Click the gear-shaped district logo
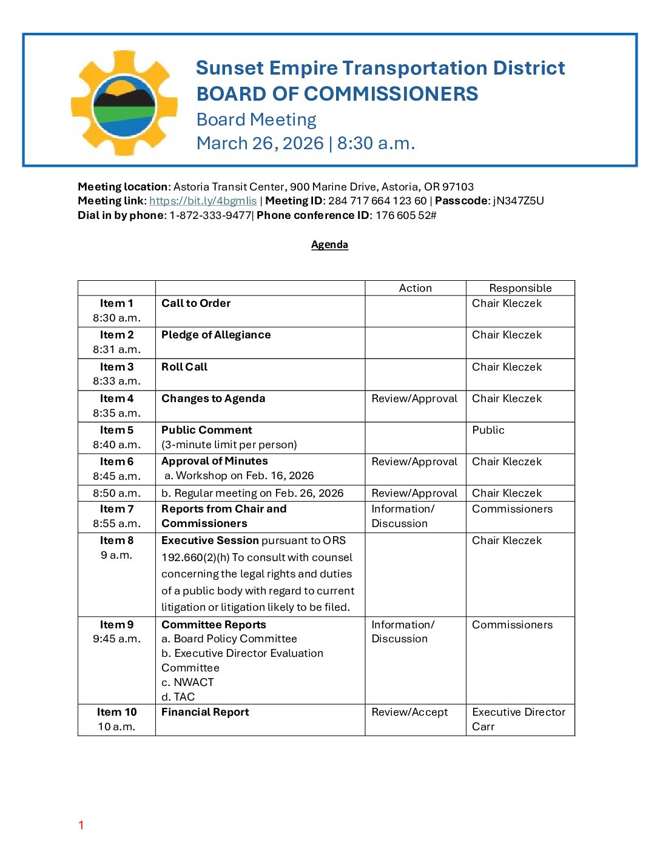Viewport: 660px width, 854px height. coord(124,103)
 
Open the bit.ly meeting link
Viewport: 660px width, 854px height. coord(203,201)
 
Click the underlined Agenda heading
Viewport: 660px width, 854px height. coord(329,244)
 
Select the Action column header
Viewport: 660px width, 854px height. coord(415,288)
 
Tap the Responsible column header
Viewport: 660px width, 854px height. coord(520,288)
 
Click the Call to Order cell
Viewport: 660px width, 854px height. coord(196,303)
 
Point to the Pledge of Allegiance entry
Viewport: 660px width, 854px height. coord(216,335)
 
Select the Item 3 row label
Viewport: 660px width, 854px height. coord(116,367)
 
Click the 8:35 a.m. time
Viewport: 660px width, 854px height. coord(116,413)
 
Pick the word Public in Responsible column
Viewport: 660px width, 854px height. coord(488,430)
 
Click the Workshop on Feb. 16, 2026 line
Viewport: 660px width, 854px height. coord(239,476)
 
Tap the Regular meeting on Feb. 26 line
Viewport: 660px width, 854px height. coord(252,493)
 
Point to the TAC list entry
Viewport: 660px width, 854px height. coord(178,697)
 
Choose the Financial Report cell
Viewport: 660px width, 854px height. coord(205,712)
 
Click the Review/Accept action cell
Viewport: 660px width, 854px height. coord(409,712)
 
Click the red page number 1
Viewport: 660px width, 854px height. coord(81,825)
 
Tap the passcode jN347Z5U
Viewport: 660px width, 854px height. coord(518,201)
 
